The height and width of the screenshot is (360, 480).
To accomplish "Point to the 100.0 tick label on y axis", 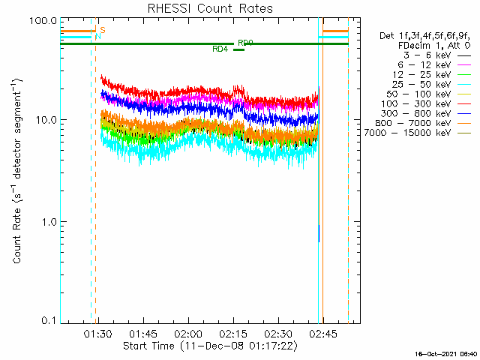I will pos(43,20).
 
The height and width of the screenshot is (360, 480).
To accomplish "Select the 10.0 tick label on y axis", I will pos(46,120).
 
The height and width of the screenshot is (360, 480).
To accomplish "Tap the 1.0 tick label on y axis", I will pos(48,222).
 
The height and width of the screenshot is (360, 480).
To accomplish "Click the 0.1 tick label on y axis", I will pos(48,322).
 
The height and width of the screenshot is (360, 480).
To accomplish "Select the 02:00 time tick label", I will pos(187,334).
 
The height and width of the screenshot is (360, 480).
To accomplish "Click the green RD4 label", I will pos(220,49).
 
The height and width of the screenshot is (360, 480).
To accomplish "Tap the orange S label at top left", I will pos(102,29).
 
